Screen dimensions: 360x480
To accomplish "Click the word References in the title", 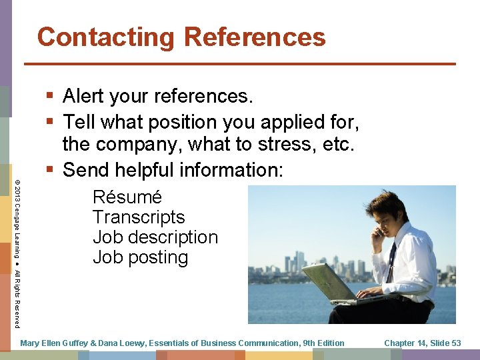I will point(255,37).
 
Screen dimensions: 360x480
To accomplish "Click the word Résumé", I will point(127,197).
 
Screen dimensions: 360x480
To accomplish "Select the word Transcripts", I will point(139,217).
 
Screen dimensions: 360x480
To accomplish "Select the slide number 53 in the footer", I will point(455,343).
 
